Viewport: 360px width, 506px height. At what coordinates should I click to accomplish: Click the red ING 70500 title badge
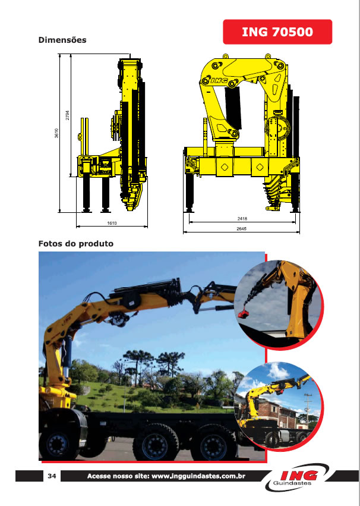(x=277, y=32)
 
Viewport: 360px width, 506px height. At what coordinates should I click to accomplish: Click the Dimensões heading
(x=62, y=40)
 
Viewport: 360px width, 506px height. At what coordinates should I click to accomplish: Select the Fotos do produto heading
(x=76, y=243)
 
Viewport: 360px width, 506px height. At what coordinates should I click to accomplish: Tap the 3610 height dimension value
(x=56, y=133)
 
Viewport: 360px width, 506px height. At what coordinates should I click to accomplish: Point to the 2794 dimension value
(x=67, y=115)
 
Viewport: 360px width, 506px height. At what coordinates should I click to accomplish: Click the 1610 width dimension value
(x=112, y=223)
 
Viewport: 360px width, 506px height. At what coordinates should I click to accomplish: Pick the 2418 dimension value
(x=242, y=218)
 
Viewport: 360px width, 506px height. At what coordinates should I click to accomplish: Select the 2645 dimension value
(x=241, y=228)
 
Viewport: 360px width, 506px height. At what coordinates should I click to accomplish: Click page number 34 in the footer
(x=52, y=476)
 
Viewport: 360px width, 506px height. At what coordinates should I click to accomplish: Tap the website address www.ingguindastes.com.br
(x=198, y=476)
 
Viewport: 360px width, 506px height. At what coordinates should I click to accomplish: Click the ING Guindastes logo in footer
(x=297, y=477)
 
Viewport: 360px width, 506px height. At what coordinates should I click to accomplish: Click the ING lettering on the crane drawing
(x=219, y=81)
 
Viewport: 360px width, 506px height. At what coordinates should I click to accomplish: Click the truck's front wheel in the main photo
(x=58, y=444)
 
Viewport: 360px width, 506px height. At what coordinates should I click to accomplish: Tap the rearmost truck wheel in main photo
(x=214, y=444)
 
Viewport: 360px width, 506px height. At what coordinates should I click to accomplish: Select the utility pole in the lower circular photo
(x=308, y=408)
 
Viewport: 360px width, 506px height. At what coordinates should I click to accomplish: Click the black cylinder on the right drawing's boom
(x=233, y=109)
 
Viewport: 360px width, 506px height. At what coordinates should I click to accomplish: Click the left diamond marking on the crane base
(x=225, y=167)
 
